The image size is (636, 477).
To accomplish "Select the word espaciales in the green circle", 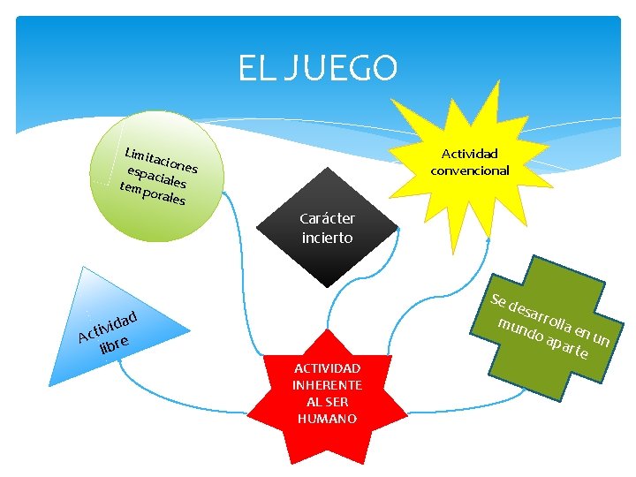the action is [x=156, y=178].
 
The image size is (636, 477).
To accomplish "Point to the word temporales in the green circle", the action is [x=152, y=195].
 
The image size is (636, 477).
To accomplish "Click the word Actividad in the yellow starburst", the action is [x=469, y=154].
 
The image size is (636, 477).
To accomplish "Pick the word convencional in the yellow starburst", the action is [x=469, y=170].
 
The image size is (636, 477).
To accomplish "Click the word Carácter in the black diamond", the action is [x=327, y=219].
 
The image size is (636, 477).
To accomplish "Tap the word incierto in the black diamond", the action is [x=327, y=238].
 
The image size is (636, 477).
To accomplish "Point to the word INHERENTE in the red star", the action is [x=327, y=385].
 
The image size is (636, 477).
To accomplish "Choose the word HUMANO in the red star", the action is [x=327, y=419].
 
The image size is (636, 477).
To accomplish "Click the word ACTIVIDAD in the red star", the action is [x=327, y=368].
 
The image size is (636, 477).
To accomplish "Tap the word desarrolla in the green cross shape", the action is [x=541, y=318].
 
